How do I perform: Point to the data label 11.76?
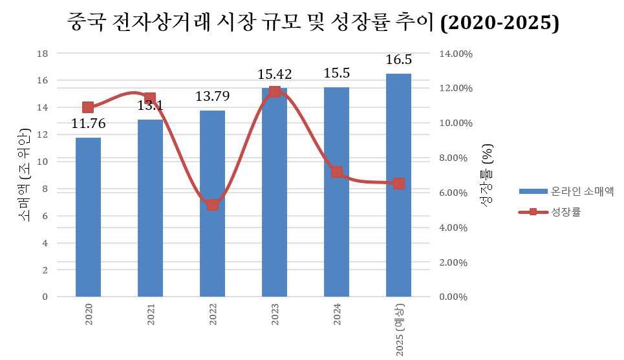(88, 123)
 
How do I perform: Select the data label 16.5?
(398, 60)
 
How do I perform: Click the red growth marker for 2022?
(213, 205)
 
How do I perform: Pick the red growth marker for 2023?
(274, 92)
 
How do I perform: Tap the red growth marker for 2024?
(336, 172)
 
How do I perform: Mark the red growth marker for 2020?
(88, 107)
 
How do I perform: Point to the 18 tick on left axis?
(43, 54)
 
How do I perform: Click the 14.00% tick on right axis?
(457, 54)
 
